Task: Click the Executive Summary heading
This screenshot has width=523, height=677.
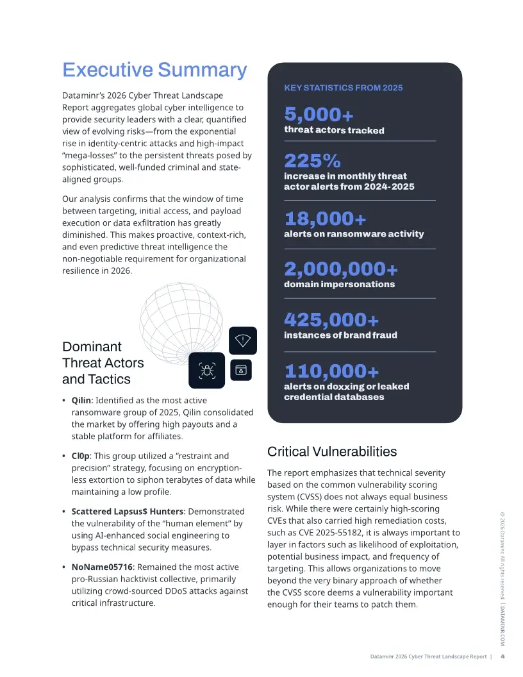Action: coord(154,70)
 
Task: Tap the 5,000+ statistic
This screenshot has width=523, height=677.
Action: coord(319,115)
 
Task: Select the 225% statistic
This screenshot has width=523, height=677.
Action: coord(312,160)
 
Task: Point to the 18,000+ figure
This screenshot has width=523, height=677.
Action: coord(325,219)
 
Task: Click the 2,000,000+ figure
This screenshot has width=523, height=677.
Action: coord(340,269)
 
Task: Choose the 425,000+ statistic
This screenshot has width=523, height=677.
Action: coord(331,319)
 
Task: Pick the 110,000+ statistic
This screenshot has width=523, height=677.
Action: coord(331,371)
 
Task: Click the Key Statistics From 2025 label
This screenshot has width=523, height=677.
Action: coord(343,88)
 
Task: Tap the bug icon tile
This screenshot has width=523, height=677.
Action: coord(206,370)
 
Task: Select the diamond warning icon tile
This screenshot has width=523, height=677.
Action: coord(243,340)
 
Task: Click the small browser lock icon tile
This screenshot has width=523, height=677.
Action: coord(241,370)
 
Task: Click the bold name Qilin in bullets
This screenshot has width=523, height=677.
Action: coord(83,400)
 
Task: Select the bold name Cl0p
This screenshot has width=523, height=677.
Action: coord(81,456)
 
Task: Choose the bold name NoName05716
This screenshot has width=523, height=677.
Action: coord(103,567)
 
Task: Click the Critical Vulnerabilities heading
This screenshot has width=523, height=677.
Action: coord(331,451)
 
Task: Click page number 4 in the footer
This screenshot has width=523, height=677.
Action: coord(502,656)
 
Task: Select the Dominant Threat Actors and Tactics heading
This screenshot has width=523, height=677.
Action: coord(103,363)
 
